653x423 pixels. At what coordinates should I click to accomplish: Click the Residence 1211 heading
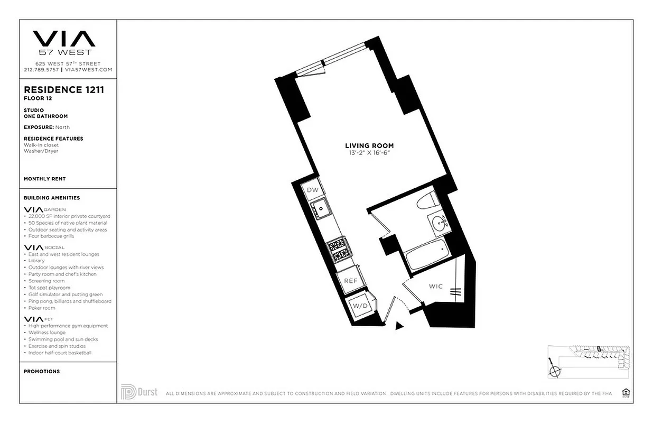point(64,89)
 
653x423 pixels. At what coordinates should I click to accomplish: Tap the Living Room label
point(369,145)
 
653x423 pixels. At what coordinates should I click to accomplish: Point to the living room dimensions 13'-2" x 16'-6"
point(369,153)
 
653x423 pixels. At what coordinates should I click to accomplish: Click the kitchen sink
point(320,209)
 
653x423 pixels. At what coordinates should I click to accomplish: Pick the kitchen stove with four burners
point(338,250)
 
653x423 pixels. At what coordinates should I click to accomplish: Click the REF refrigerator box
point(351,281)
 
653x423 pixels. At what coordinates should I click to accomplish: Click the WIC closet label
point(435,287)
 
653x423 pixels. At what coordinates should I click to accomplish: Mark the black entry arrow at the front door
point(399,326)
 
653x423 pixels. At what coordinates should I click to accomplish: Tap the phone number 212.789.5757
point(41,69)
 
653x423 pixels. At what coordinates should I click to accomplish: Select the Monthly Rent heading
point(45,179)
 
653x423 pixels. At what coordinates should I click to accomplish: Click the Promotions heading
point(42,371)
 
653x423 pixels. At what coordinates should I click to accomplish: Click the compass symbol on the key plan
point(554,370)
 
